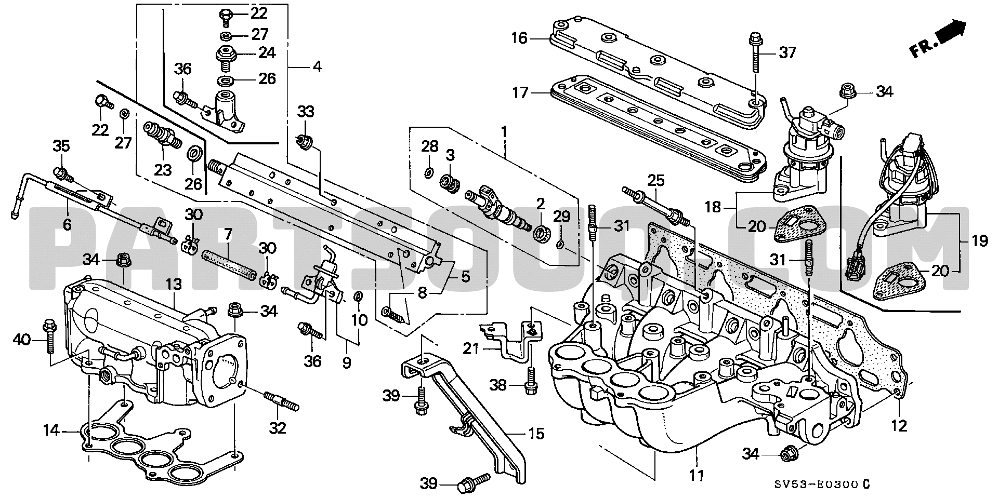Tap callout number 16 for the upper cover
[519, 38]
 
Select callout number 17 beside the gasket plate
[519, 93]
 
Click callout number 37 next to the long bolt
[787, 52]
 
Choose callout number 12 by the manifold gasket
[899, 426]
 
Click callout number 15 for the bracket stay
[536, 433]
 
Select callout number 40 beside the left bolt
[22, 340]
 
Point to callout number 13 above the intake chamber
[175, 284]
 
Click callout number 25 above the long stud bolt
[656, 181]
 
